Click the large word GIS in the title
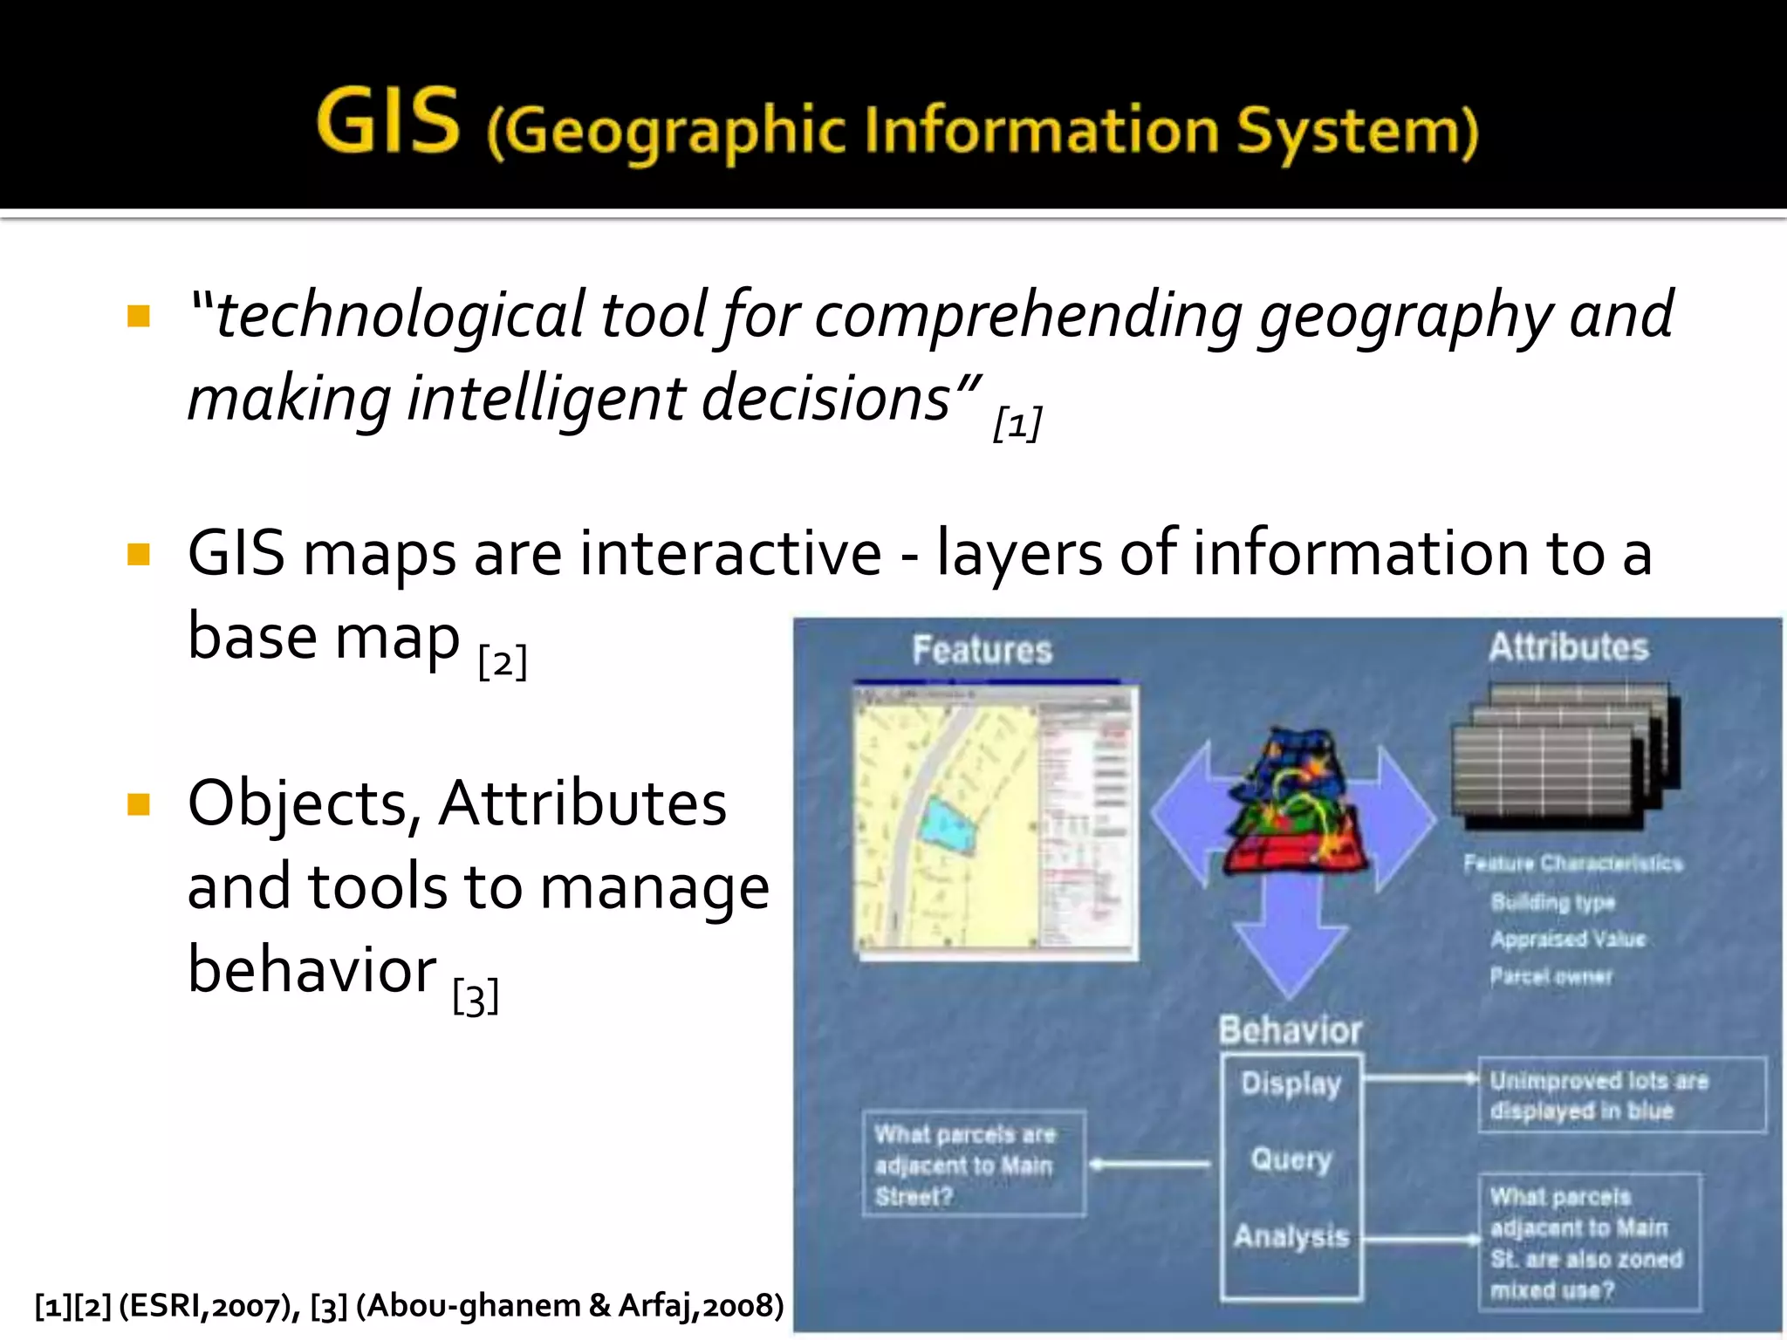(387, 122)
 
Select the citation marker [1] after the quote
(1017, 424)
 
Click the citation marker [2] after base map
(503, 662)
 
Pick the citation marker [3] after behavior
(476, 997)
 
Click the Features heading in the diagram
(982, 650)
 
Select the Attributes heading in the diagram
(1568, 647)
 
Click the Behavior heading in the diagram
(1290, 1030)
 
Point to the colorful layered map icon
(1291, 803)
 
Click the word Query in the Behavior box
(1291, 1159)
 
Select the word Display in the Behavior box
(1291, 1084)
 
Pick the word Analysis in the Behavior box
(1291, 1236)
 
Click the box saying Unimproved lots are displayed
(1621, 1096)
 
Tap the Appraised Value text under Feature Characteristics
(1567, 940)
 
